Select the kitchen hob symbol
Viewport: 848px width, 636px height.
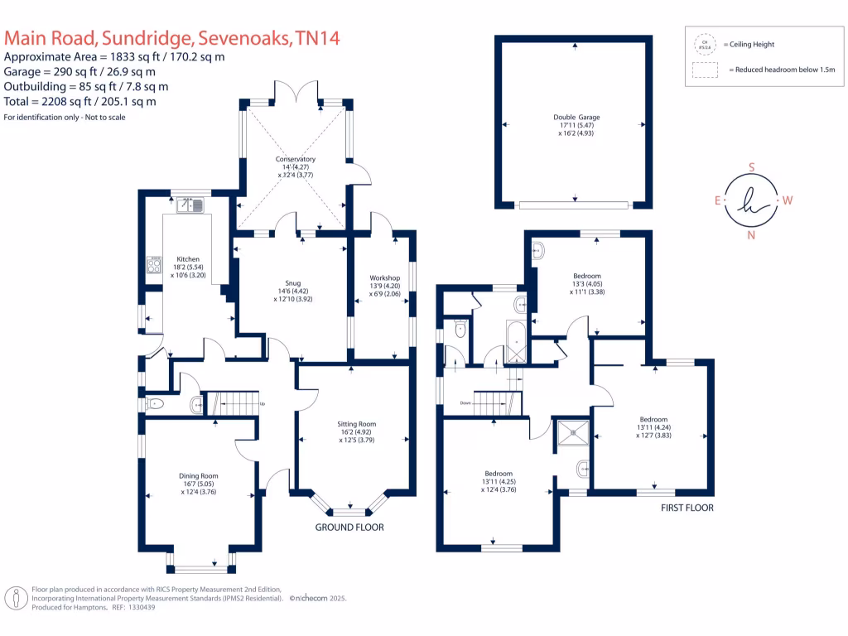(x=154, y=264)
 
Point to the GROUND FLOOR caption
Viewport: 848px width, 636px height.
(x=349, y=528)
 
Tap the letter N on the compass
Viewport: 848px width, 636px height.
(x=752, y=235)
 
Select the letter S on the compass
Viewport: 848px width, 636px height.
(x=752, y=166)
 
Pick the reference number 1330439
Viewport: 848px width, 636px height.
(x=138, y=607)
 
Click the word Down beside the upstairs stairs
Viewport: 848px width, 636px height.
(x=466, y=404)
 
